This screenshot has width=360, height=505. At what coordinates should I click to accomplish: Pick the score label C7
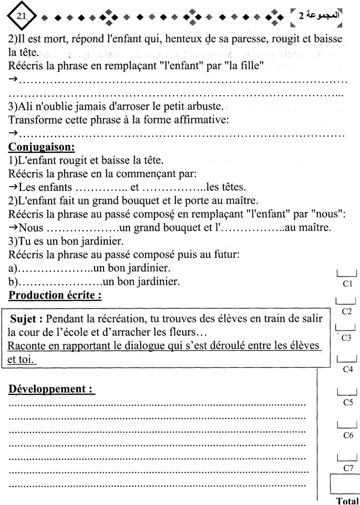tap(346, 467)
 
